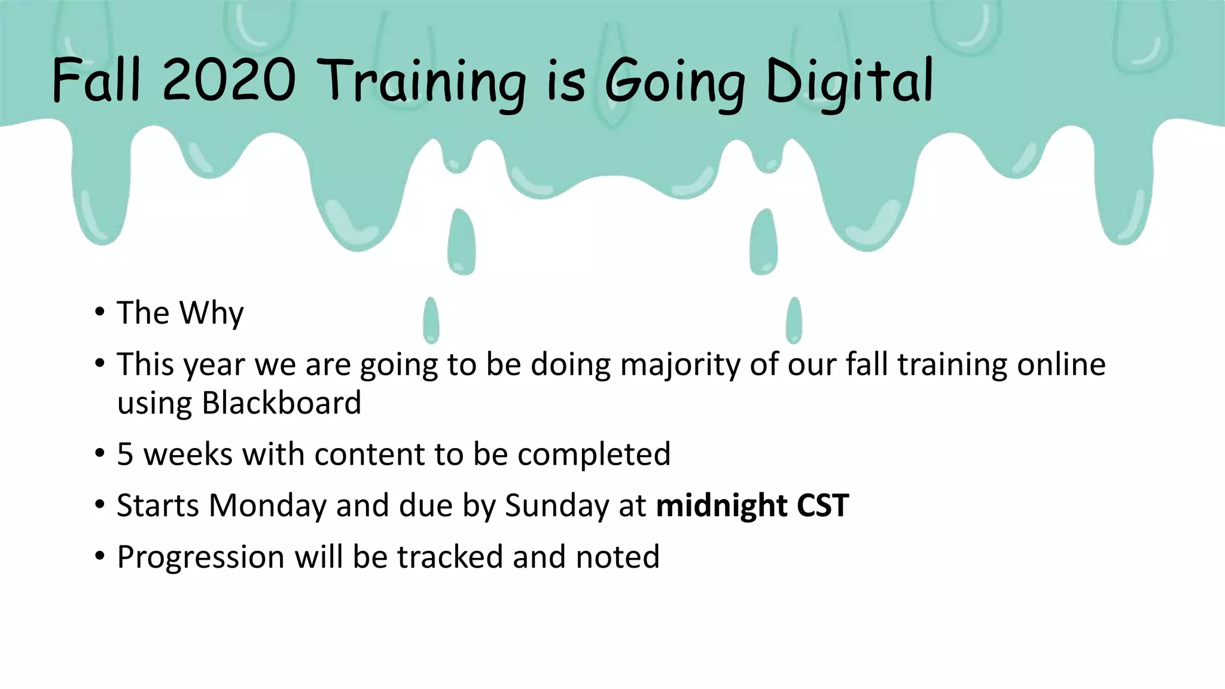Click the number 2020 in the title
coord(229,80)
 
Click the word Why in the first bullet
coord(212,313)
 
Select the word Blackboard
coord(281,403)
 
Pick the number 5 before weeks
coord(124,455)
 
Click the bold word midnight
coord(721,506)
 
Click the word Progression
coord(200,557)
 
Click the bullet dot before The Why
coord(100,312)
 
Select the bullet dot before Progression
coord(100,556)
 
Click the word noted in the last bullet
coord(617,557)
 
